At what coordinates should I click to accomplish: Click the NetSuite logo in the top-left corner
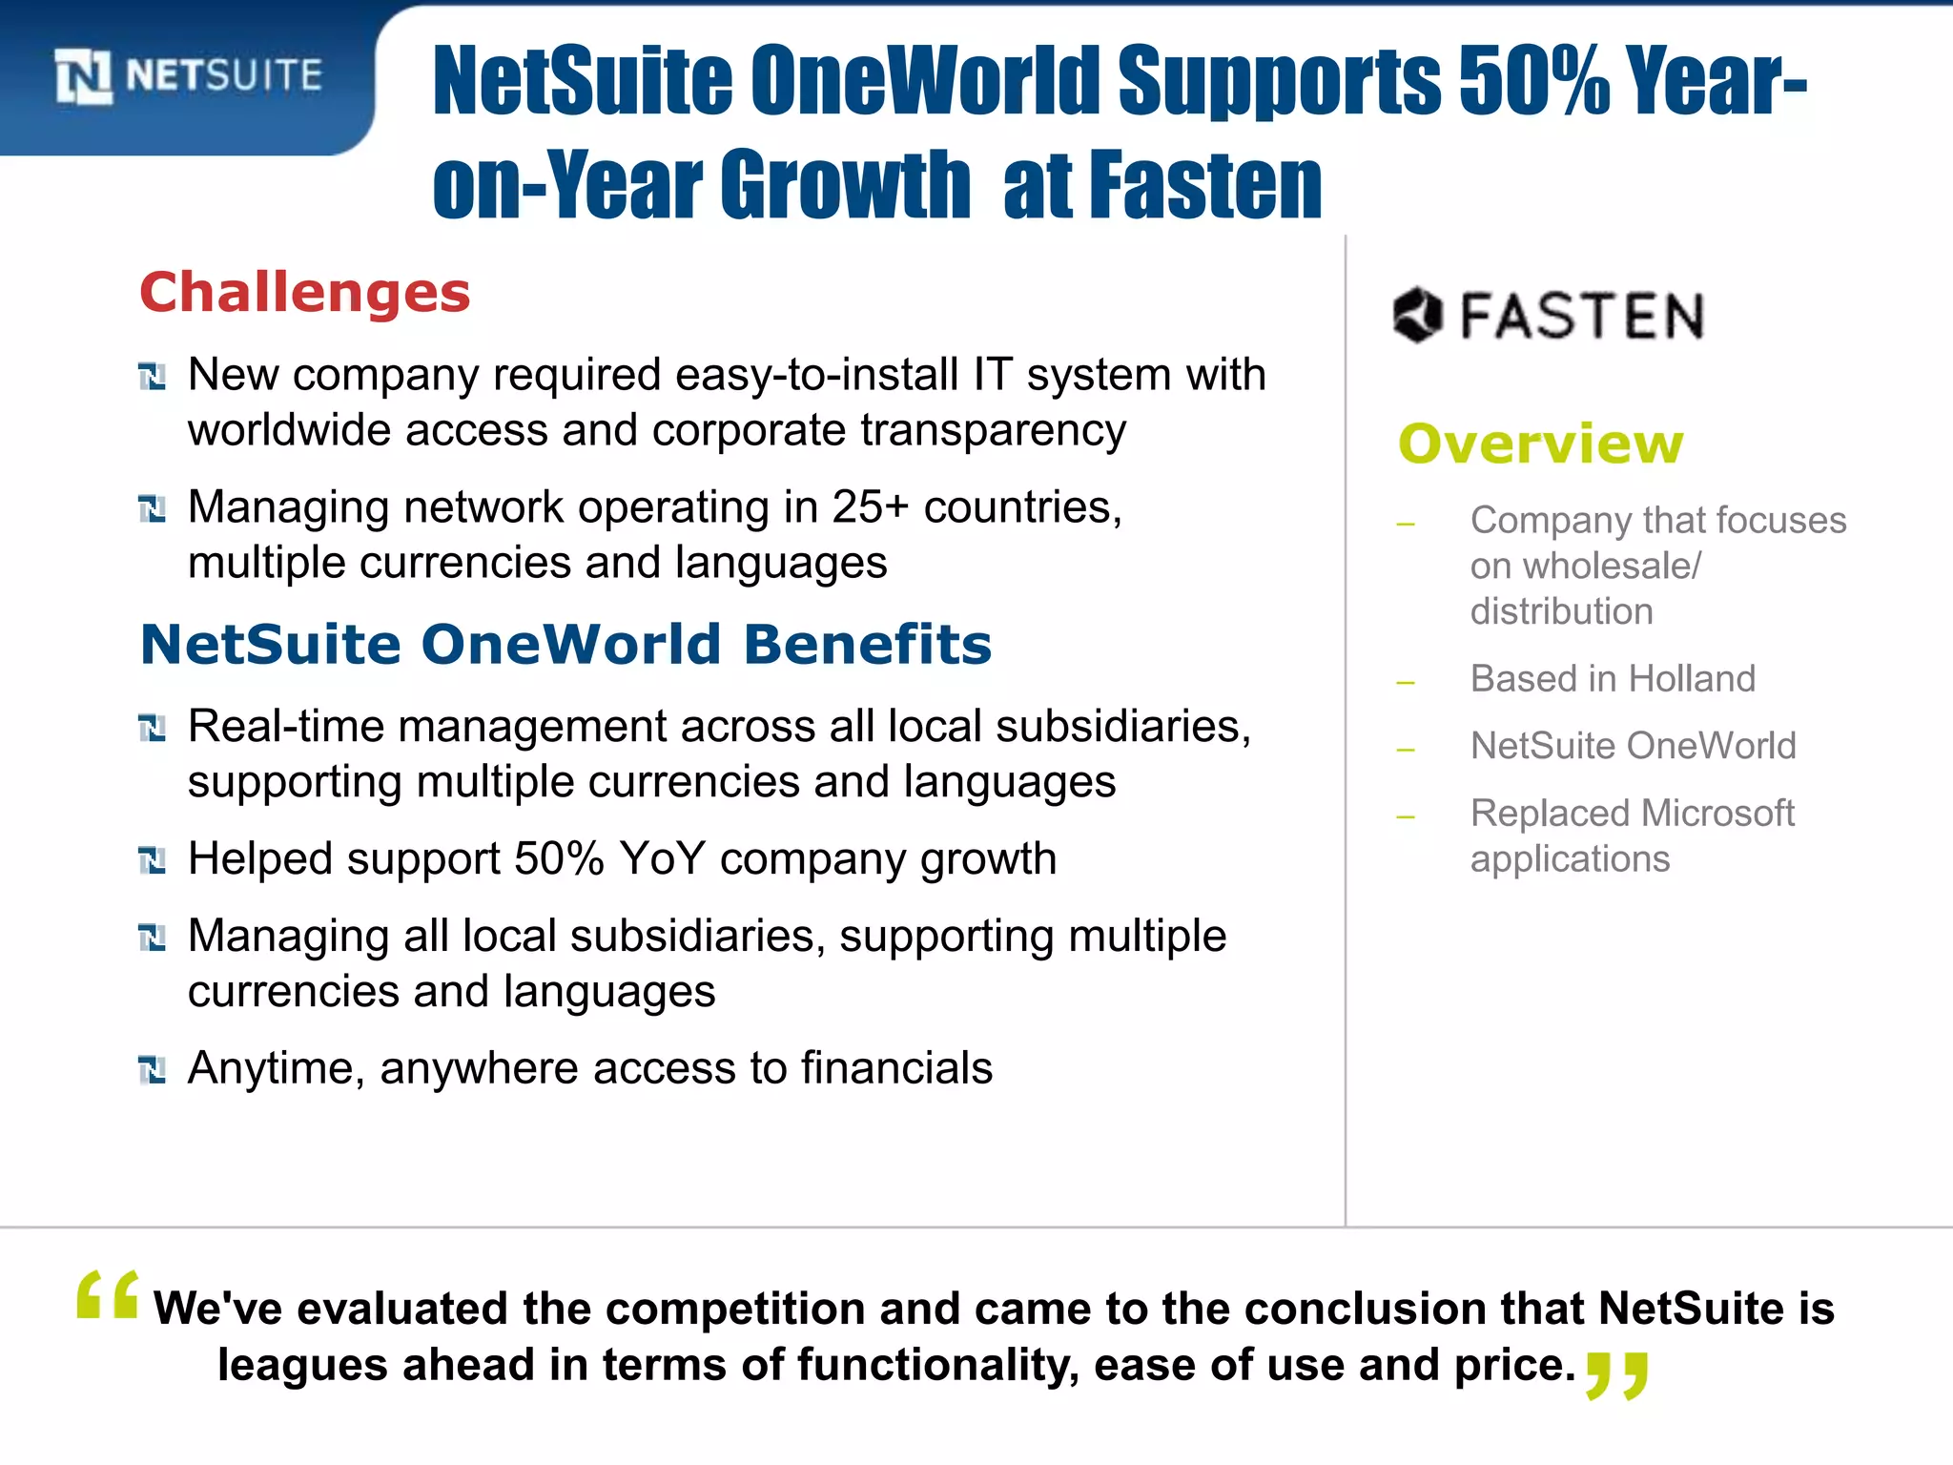pyautogui.click(x=188, y=76)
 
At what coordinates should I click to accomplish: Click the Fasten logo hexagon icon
pyautogui.click(x=1416, y=315)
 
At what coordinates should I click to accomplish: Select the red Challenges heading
pyautogui.click(x=305, y=292)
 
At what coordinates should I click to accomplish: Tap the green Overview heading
pyautogui.click(x=1540, y=444)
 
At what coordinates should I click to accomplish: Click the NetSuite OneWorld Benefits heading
pyautogui.click(x=565, y=645)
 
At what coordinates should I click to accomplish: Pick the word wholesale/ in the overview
pyautogui.click(x=1611, y=567)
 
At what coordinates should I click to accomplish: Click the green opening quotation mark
pyautogui.click(x=107, y=1295)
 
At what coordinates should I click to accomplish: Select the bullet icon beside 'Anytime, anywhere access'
pyautogui.click(x=152, y=1070)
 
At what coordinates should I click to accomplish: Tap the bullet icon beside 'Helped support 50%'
pyautogui.click(x=152, y=860)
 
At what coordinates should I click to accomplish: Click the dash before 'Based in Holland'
pyautogui.click(x=1405, y=682)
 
